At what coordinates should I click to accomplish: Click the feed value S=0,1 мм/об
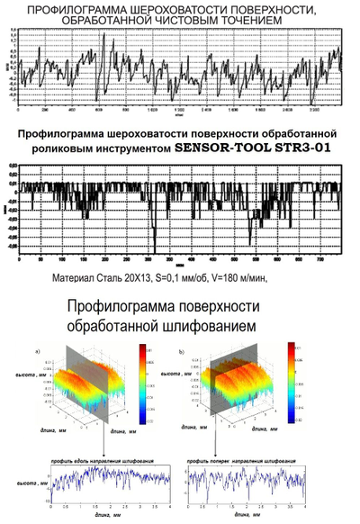(190, 278)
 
